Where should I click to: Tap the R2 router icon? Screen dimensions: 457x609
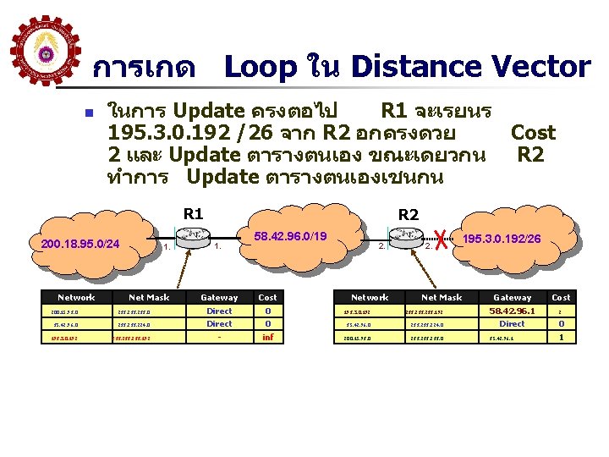(408, 235)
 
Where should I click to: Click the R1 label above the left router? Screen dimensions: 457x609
(194, 213)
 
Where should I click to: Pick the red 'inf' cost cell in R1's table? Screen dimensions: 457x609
(267, 338)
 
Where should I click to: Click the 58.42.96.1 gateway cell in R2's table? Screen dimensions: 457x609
(513, 311)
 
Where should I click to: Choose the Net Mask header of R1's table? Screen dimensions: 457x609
(149, 298)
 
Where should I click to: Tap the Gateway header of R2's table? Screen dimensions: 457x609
(513, 298)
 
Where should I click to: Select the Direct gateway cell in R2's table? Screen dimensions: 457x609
(513, 324)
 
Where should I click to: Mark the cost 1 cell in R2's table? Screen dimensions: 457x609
(561, 338)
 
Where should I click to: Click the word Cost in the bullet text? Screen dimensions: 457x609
(533, 133)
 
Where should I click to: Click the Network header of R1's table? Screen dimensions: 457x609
(76, 298)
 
